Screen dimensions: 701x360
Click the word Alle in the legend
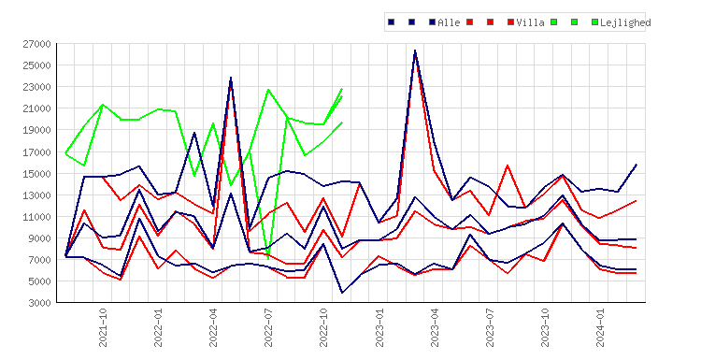[x=449, y=22]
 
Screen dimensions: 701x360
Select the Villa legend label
[x=530, y=22]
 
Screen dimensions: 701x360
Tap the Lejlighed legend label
[x=625, y=22]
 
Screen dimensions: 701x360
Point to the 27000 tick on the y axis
[x=37, y=44]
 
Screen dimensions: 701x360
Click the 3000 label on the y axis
[x=40, y=303]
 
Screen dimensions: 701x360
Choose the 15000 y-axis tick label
[x=37, y=174]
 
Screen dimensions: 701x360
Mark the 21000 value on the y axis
[x=37, y=108]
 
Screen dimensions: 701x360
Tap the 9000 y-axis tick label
[x=40, y=238]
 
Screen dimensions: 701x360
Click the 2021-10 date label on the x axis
[x=103, y=327]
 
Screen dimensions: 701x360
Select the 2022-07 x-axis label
[x=268, y=327]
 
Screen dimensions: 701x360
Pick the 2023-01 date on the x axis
[x=379, y=327]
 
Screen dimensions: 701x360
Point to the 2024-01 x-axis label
[x=600, y=327]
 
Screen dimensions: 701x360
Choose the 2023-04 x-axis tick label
[x=434, y=327]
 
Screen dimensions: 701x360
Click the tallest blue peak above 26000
[x=415, y=50]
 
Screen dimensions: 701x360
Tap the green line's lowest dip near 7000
[x=268, y=258]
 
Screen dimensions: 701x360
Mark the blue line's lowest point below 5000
[x=342, y=293]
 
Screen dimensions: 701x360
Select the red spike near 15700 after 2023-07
[x=508, y=166]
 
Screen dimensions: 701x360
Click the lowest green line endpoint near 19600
[x=342, y=122]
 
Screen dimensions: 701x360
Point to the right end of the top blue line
[x=637, y=165]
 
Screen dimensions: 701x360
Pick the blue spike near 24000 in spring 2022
[x=231, y=78]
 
